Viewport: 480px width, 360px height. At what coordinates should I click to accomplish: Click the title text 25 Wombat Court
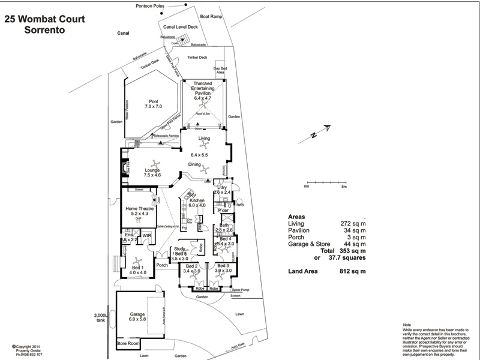[x=44, y=19]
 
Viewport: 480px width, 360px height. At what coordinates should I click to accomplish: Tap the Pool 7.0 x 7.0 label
[x=153, y=104]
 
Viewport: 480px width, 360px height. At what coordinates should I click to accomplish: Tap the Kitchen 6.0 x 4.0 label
[x=197, y=203]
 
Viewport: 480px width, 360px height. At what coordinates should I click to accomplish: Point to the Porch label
[x=161, y=265]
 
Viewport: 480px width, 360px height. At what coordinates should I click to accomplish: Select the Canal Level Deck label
[x=181, y=26]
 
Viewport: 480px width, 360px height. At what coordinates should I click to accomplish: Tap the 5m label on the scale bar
[x=344, y=187]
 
